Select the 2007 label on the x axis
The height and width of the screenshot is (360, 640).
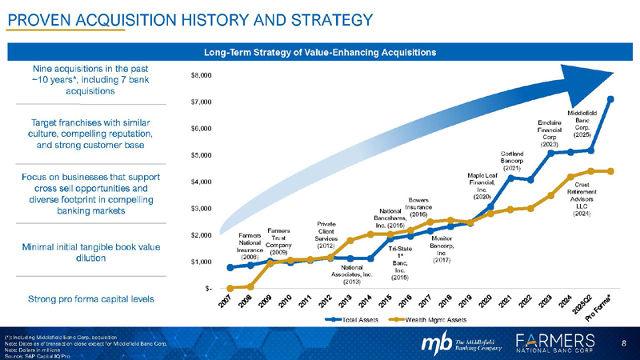[226, 302]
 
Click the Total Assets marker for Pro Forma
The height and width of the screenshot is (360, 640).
[610, 99]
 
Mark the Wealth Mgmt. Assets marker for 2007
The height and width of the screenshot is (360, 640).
[230, 287]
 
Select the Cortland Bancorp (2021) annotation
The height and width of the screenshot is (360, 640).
[511, 160]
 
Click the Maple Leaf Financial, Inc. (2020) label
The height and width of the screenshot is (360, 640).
[482, 185]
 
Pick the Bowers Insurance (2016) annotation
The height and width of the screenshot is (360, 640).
[423, 206]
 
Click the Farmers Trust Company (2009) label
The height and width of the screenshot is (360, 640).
[278, 240]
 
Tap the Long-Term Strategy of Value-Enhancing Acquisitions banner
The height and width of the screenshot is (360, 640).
[320, 52]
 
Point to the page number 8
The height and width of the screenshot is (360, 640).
[623, 343]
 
